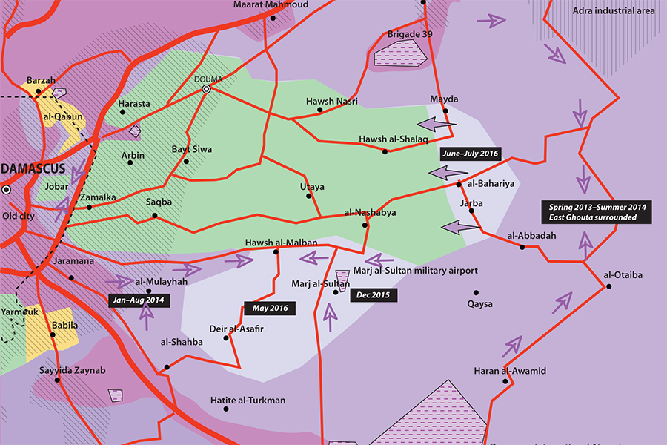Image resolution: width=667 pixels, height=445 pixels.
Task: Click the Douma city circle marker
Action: [x=207, y=89]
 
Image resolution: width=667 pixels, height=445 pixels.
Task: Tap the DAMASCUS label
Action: [x=33, y=168]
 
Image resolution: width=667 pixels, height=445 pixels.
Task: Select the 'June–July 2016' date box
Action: [x=470, y=154]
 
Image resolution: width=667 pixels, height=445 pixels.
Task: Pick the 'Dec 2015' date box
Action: [x=375, y=294]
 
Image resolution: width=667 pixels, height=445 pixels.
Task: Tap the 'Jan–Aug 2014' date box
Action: [x=139, y=300]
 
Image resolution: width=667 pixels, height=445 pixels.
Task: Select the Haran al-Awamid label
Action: [x=510, y=371]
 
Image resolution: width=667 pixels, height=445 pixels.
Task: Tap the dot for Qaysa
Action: [x=476, y=292]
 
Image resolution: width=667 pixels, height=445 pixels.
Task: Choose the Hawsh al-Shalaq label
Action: [x=388, y=139]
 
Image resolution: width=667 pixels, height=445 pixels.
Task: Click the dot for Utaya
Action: [x=311, y=197]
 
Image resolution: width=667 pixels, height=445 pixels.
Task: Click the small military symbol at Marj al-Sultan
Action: [x=344, y=276]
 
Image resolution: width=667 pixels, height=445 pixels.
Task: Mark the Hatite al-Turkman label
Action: [x=248, y=400]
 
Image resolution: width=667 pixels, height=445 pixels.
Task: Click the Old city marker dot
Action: [x=6, y=190]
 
